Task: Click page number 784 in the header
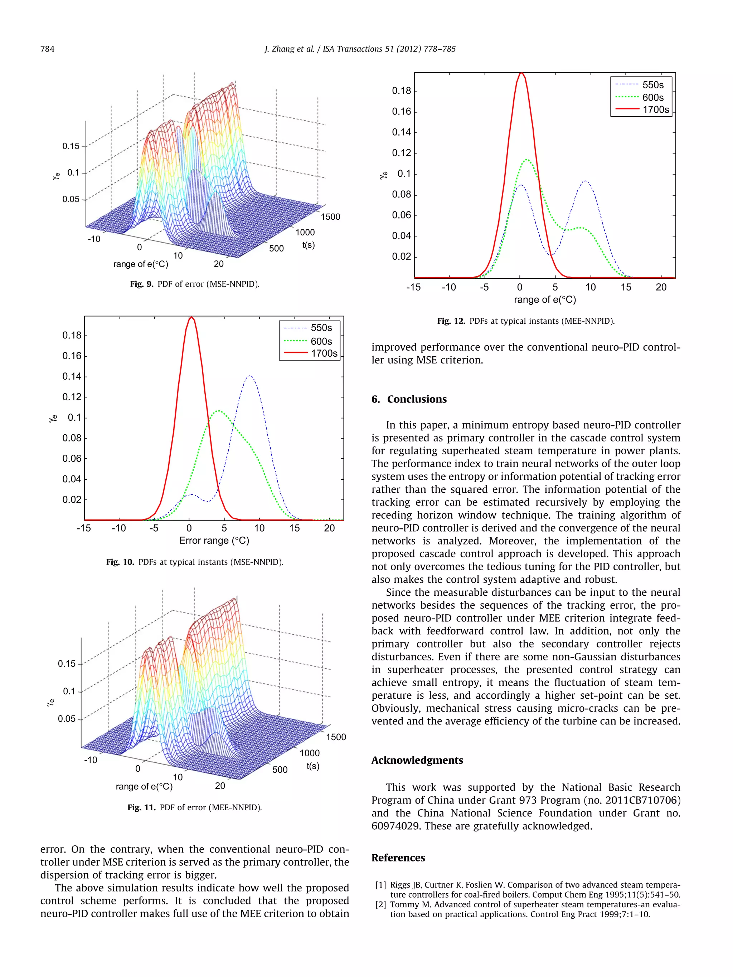coord(47,49)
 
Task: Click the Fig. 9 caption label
coord(141,284)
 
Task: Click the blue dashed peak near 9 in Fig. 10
coord(250,376)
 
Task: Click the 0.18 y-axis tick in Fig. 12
coord(401,91)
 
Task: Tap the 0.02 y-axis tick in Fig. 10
coord(72,499)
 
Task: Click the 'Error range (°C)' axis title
coord(214,540)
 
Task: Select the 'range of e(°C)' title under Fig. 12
coord(545,299)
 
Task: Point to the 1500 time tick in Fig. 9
coord(330,217)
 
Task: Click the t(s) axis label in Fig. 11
coord(313,766)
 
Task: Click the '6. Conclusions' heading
coord(409,399)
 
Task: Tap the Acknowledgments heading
coord(417,760)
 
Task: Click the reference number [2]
coord(380,905)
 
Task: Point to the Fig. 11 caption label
coord(141,807)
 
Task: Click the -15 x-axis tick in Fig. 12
coord(413,287)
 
